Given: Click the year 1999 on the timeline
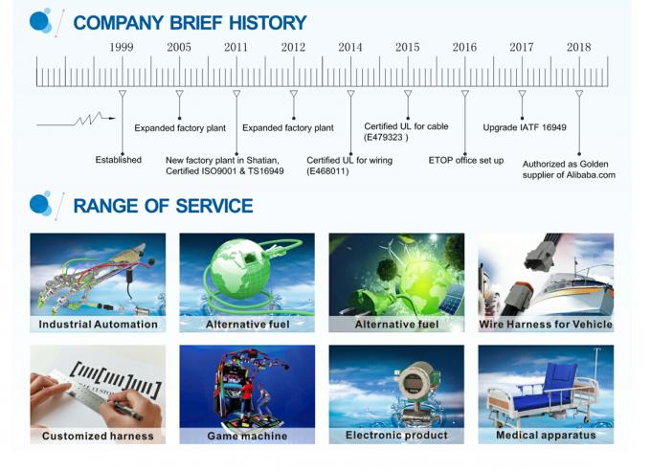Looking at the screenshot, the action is point(122,47).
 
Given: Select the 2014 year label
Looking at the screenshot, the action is point(350,47).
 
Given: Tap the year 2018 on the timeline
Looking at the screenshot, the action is point(579,47).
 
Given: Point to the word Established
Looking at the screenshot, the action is point(119,160).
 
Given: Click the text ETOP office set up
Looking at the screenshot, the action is point(466,160).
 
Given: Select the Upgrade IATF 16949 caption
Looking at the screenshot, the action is point(525,127).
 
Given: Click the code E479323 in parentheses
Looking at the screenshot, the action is point(386,138).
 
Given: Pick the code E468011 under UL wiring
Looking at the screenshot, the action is point(327,171).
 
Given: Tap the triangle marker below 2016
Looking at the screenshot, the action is point(465,94).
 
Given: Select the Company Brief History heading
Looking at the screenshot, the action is point(190,23).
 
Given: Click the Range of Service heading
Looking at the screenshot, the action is point(163,206).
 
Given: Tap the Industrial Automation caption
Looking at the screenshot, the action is point(98,325).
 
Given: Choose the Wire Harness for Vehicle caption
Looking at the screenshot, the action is point(546,325).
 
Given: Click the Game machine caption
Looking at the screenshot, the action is point(247,436).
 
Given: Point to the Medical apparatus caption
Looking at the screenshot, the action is point(546,435).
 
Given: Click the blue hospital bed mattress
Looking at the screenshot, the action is point(540,399).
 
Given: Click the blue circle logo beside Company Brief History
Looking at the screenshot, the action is point(40,21).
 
